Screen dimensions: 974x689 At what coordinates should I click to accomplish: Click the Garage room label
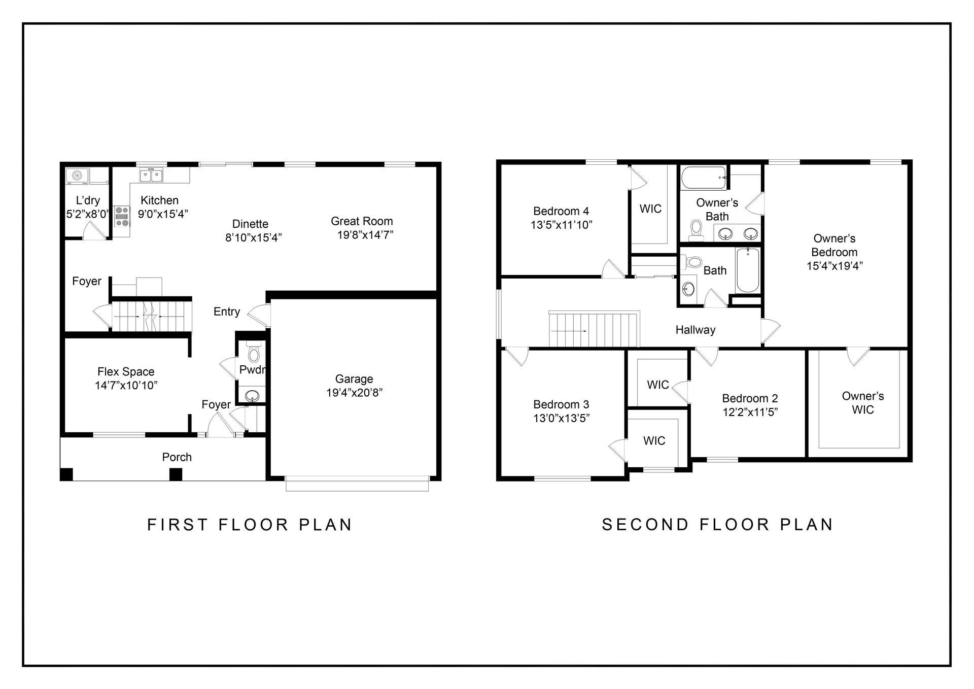354,379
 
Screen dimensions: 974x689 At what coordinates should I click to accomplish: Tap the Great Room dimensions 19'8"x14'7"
365,235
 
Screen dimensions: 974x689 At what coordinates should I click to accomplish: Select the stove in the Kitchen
122,217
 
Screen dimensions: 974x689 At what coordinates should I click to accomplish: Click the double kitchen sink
151,176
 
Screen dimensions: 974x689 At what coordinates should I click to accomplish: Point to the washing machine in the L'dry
77,176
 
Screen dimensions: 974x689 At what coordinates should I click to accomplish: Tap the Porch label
177,457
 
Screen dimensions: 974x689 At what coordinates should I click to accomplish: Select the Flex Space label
126,372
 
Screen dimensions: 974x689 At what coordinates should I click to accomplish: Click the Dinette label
250,224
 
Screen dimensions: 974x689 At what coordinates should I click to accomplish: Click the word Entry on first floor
227,312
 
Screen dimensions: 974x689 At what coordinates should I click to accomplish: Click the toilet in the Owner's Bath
696,230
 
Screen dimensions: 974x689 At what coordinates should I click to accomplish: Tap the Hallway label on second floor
695,330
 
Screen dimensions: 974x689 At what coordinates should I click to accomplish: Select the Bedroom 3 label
561,404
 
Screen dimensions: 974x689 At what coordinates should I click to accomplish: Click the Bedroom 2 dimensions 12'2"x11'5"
750,412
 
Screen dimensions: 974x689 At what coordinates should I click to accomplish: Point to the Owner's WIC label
863,403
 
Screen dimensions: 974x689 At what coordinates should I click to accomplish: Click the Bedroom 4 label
561,211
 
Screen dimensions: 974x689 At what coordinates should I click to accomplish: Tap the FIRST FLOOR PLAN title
250,525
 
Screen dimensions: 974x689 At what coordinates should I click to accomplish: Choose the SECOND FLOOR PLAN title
718,525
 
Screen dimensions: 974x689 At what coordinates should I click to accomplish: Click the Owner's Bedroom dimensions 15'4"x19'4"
835,266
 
